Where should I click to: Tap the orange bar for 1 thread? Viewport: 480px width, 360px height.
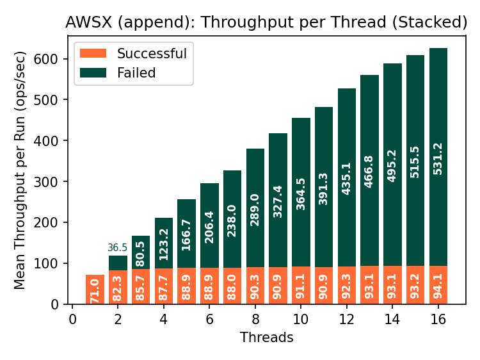click(x=95, y=290)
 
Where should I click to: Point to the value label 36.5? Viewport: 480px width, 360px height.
click(x=118, y=248)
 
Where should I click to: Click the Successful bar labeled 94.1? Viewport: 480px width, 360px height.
click(x=438, y=285)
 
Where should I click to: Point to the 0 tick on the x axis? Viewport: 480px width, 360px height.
click(x=72, y=319)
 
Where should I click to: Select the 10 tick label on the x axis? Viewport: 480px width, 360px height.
click(x=301, y=319)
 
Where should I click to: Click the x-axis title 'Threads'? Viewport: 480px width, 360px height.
click(x=266, y=338)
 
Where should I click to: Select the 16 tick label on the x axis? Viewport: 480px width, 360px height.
click(x=438, y=319)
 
